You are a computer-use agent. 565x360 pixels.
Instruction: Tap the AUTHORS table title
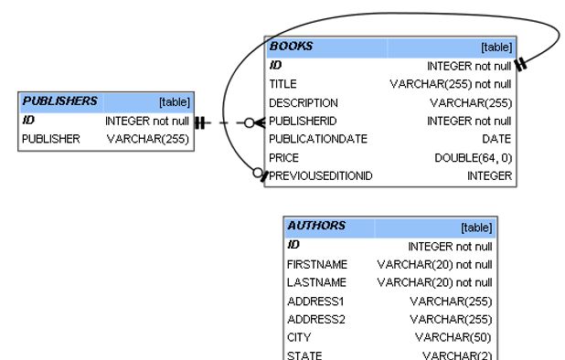[x=316, y=226]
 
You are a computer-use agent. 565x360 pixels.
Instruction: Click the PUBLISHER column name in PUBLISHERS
[x=51, y=139]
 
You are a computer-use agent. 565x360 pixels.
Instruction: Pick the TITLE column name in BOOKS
[x=282, y=84]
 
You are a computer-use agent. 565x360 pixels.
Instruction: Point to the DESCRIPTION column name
[x=303, y=102]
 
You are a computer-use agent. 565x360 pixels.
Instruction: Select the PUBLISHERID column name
[x=303, y=121]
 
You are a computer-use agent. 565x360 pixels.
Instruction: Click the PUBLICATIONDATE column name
[x=317, y=139]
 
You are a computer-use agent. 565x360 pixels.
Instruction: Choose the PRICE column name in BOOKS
[x=284, y=157]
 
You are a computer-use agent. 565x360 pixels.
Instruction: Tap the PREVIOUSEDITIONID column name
[x=320, y=175]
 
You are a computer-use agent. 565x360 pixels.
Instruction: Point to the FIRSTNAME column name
[x=316, y=264]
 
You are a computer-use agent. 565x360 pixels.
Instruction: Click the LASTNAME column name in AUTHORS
[x=315, y=282]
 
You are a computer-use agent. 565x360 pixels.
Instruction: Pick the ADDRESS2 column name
[x=315, y=319]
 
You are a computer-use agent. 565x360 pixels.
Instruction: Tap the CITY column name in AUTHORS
[x=298, y=337]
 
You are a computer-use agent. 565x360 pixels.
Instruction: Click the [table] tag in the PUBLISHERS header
[x=174, y=102]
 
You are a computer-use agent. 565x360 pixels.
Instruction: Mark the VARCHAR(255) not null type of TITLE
[x=451, y=84]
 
